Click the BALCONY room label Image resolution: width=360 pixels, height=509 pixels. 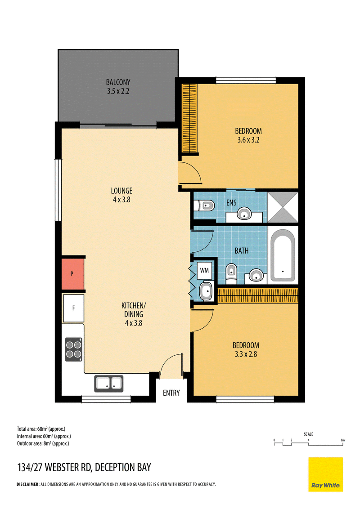click(118, 82)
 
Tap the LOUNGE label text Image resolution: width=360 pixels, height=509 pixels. click(121, 191)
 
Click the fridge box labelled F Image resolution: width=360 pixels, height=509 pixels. click(73, 308)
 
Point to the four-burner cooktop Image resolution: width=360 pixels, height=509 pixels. click(74, 350)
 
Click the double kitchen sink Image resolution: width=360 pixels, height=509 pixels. click(109, 384)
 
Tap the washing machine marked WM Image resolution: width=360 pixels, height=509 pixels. click(204, 270)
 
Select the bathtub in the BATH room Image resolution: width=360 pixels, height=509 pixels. click(283, 255)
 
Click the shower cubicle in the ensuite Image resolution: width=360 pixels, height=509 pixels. click(282, 207)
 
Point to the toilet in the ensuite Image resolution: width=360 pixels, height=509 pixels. click(204, 205)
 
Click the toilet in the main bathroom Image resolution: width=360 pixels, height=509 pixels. click(231, 273)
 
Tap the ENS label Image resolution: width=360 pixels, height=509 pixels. click(231, 203)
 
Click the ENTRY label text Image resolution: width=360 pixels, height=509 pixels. click(171, 393)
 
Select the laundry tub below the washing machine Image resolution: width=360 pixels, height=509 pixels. click(206, 291)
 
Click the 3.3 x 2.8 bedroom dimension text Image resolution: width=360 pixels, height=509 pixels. click(246, 354)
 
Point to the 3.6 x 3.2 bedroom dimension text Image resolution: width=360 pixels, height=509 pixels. click(248, 140)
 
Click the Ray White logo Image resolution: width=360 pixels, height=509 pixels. click(325, 474)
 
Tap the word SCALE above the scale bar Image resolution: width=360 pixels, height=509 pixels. click(308, 434)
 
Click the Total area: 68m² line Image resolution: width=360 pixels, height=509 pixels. click(41, 429)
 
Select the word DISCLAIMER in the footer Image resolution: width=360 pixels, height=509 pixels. click(27, 484)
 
